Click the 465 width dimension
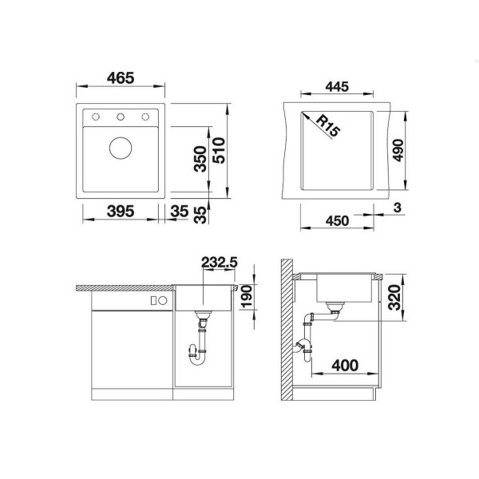(x=121, y=78)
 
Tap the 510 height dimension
(x=219, y=150)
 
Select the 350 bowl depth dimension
(x=200, y=159)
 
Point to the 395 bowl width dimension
(x=121, y=211)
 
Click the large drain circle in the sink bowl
(x=121, y=148)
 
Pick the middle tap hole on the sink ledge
(x=121, y=117)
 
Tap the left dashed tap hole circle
(x=96, y=117)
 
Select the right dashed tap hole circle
(x=145, y=117)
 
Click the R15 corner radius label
(x=328, y=125)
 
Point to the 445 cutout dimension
(x=337, y=87)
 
